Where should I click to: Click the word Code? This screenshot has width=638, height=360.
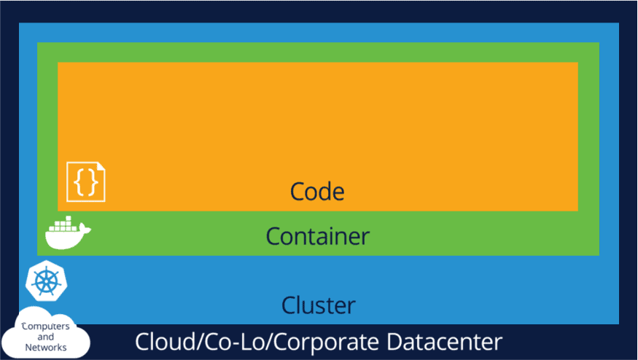pos(317,192)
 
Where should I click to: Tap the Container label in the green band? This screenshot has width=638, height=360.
pos(317,236)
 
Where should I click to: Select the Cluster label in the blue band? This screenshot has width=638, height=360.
pos(319,304)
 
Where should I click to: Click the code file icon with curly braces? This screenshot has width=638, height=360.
pos(86,181)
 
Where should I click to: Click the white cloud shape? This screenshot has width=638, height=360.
pos(45,336)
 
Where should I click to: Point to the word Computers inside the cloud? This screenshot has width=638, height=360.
pos(46,326)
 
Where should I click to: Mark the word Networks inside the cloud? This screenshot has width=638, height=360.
pos(46,348)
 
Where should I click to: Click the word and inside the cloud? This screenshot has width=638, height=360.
pos(46,337)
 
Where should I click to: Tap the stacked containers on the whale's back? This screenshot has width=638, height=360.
pos(63,223)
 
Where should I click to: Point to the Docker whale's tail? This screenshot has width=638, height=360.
pos(85,230)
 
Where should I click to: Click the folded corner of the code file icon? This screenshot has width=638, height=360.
pos(101,166)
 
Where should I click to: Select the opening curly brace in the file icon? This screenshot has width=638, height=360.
pos(79,182)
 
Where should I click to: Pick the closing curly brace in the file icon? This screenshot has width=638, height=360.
pos(92,182)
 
